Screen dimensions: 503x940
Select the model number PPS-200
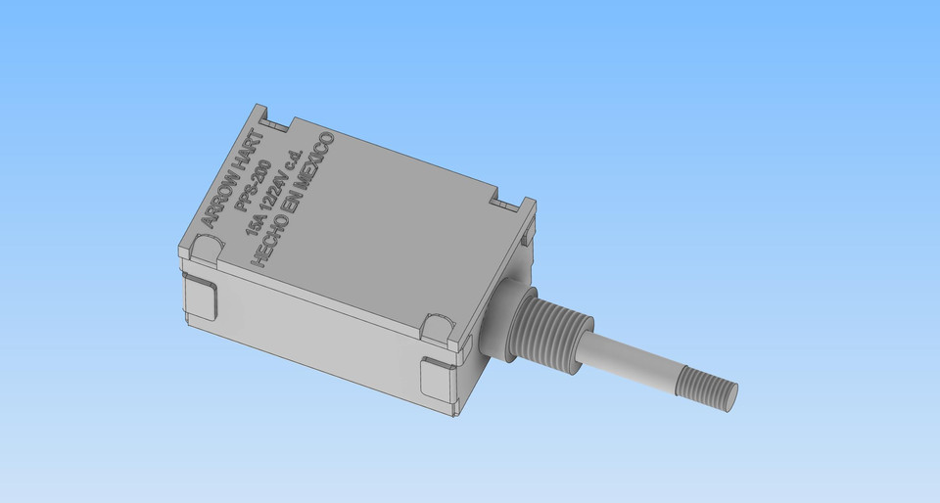(251, 192)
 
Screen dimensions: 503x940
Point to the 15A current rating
(252, 224)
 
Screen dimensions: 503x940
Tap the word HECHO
(270, 236)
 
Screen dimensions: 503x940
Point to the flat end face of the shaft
(729, 396)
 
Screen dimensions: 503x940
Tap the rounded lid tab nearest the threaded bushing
(438, 326)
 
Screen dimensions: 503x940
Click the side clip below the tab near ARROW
(202, 299)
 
